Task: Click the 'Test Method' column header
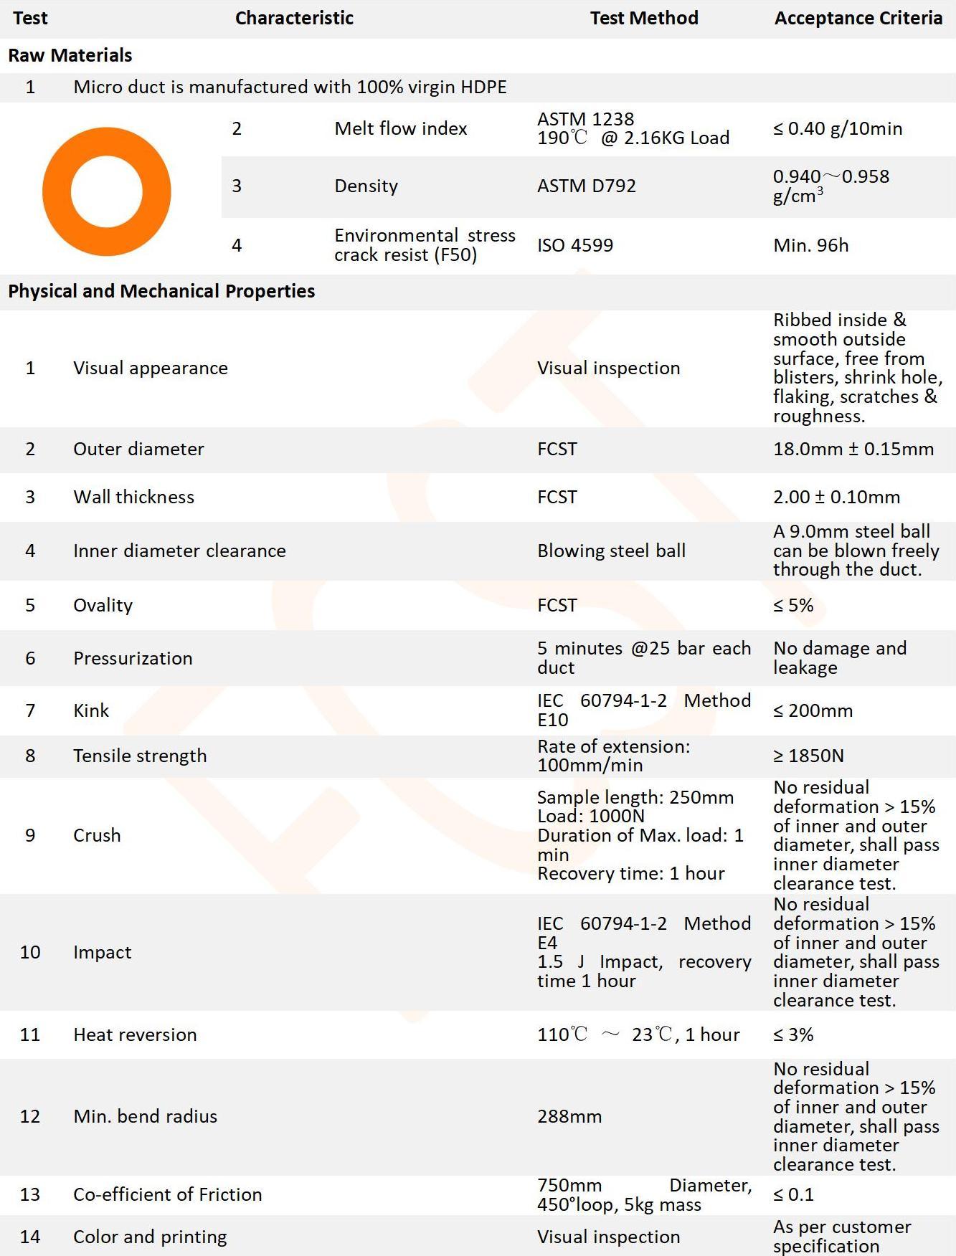(643, 18)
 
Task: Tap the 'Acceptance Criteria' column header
(858, 18)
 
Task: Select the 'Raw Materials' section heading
(70, 55)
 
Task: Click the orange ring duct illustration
(106, 191)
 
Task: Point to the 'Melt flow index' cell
(400, 128)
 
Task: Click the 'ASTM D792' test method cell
(586, 186)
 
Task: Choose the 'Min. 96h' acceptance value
(810, 245)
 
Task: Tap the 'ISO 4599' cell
(574, 245)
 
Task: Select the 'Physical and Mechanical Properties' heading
(161, 291)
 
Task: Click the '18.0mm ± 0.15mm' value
(853, 449)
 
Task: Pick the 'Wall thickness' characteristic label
(133, 497)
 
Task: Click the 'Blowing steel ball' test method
(611, 551)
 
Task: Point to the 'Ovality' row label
(103, 605)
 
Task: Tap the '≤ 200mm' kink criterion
(813, 710)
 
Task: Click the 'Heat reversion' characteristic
(135, 1034)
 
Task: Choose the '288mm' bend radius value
(569, 1116)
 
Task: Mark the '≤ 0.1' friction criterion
(793, 1194)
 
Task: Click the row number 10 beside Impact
(30, 952)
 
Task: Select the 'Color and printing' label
(150, 1237)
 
